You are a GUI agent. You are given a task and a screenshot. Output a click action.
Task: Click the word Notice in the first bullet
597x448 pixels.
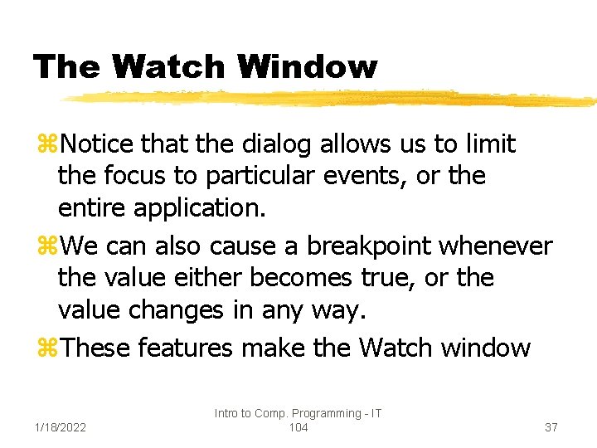tap(99, 144)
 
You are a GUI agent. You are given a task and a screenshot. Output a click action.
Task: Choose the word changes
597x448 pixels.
tap(176, 309)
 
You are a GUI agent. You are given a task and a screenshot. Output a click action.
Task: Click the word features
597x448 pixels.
tap(185, 348)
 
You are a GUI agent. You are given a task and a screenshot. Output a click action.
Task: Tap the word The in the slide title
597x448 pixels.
tap(66, 66)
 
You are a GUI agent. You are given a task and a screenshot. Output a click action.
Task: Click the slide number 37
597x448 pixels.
tap(551, 427)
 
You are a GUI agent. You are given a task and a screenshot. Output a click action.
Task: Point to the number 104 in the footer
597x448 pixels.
tap(298, 427)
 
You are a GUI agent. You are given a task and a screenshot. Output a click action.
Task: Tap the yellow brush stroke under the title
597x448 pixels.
tap(332, 98)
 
